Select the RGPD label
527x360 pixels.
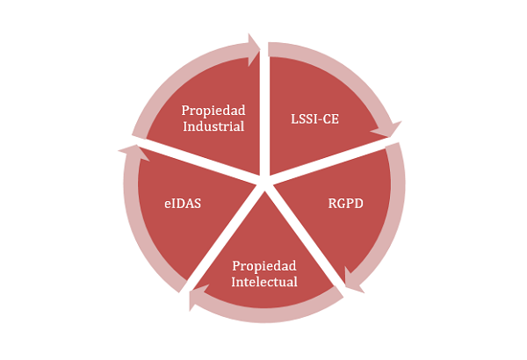(347, 204)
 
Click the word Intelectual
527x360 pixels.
(263, 282)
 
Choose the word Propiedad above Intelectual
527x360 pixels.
(263, 266)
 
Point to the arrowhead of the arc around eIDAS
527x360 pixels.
(128, 153)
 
